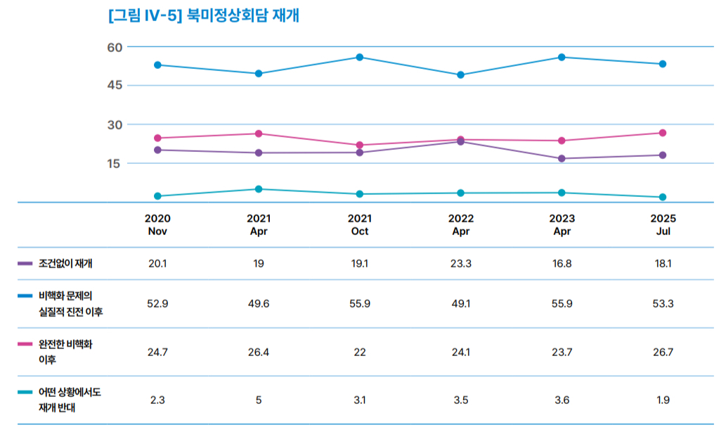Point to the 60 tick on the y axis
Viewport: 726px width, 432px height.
pyautogui.click(x=115, y=47)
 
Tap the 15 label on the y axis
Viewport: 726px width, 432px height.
pyautogui.click(x=115, y=163)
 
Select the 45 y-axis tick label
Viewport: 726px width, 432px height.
pyautogui.click(x=115, y=85)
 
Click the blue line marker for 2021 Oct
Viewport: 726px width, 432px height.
pyautogui.click(x=359, y=57)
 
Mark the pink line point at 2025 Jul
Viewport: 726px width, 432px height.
pyautogui.click(x=662, y=133)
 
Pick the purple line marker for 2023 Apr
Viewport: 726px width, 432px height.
pyautogui.click(x=562, y=158)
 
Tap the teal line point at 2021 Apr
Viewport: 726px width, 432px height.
pyautogui.click(x=259, y=189)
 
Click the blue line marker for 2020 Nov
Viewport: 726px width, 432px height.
pyautogui.click(x=157, y=65)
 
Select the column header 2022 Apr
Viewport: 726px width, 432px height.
pyautogui.click(x=460, y=224)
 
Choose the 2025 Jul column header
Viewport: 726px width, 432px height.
pyautogui.click(x=662, y=224)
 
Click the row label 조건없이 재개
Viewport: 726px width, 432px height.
pyautogui.click(x=66, y=263)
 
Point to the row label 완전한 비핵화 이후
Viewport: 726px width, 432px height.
pyautogui.click(x=65, y=352)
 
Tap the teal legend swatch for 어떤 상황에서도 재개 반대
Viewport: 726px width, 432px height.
pyautogui.click(x=25, y=392)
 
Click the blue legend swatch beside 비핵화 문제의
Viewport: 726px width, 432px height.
pyautogui.click(x=25, y=296)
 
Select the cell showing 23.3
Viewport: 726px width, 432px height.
pyautogui.click(x=460, y=263)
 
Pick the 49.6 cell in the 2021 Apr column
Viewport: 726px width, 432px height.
pyautogui.click(x=259, y=303)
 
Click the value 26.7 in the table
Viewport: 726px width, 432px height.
pyautogui.click(x=662, y=352)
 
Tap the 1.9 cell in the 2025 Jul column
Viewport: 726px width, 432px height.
pyautogui.click(x=662, y=400)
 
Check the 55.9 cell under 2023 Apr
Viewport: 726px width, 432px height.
pyautogui.click(x=562, y=303)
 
